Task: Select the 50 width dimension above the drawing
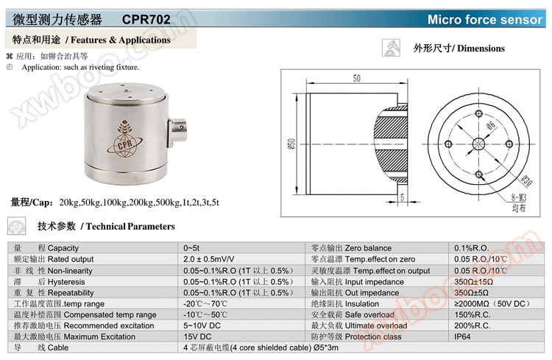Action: pos(356,78)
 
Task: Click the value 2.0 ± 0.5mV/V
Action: pos(210,259)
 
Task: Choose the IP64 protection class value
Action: pos(463,336)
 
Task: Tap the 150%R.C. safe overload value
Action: pos(473,314)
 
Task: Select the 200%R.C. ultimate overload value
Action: pos(473,325)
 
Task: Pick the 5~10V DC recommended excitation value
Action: pos(202,325)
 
